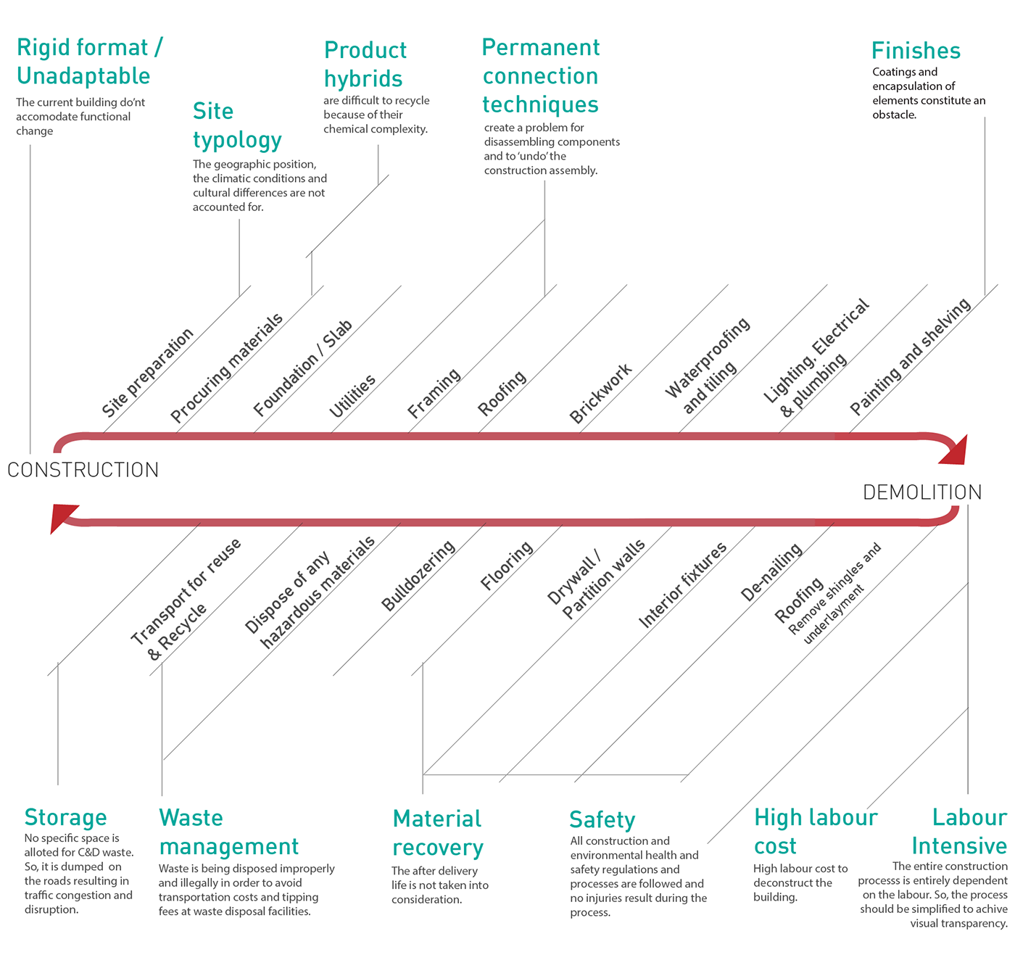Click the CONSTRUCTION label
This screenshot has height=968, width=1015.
coord(83,470)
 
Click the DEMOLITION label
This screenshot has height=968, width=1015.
coord(921,492)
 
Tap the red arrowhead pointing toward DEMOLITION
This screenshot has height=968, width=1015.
coord(953,450)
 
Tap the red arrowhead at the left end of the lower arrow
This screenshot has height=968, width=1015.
coord(63,518)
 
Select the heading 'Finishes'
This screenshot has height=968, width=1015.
coord(916,51)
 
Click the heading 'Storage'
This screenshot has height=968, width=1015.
coord(65,817)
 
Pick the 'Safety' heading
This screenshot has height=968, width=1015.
coord(602,820)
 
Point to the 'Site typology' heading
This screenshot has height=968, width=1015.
coord(237,125)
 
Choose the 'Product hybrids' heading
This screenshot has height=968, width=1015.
coord(365,64)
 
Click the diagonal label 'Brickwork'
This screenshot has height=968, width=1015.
coord(600,394)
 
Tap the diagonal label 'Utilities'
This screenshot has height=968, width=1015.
coord(352,396)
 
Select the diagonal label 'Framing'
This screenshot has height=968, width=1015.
coord(434,392)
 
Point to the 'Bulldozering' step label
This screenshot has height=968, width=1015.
coord(418,576)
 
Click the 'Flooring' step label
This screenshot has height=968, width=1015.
coord(507,565)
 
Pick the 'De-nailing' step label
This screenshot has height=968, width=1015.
coord(771,572)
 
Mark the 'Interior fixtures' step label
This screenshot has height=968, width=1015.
coord(682,584)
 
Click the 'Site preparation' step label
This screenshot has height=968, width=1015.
coord(147,372)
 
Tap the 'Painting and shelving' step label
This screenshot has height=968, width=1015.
coord(910,357)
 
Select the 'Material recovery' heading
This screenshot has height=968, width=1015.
coord(438,833)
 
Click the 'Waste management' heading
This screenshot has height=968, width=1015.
coord(228,832)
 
